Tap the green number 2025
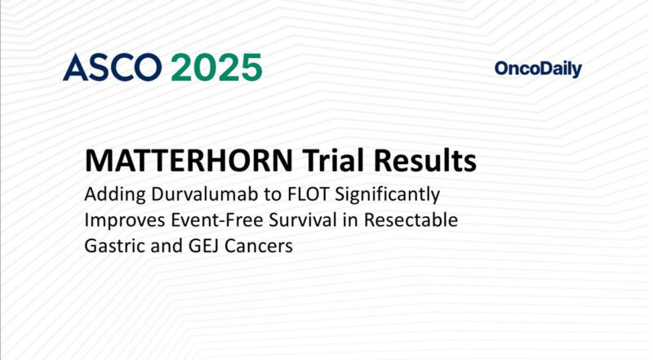click(x=216, y=67)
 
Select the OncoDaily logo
click(x=538, y=69)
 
